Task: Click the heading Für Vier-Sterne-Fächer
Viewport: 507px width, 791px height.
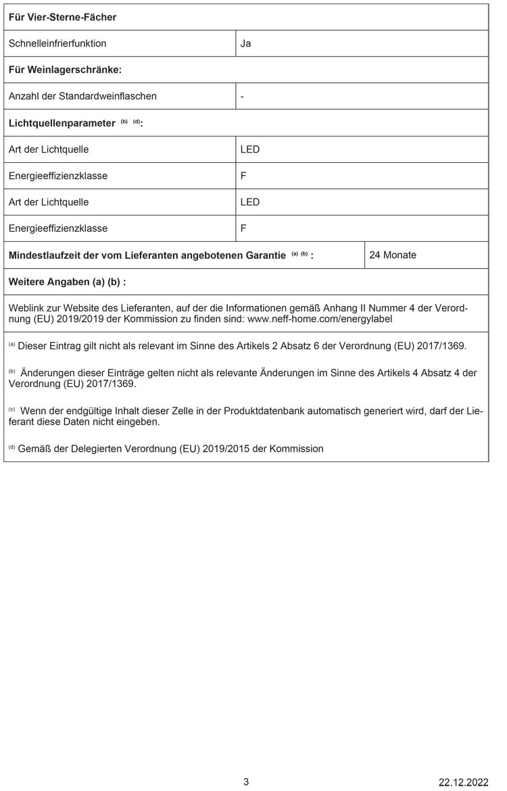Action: pyautogui.click(x=62, y=17)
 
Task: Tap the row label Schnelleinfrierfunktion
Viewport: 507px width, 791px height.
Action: pyautogui.click(x=57, y=44)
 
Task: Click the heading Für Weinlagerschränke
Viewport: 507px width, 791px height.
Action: pyautogui.click(x=65, y=70)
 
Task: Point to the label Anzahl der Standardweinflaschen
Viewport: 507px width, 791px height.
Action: pyautogui.click(x=82, y=96)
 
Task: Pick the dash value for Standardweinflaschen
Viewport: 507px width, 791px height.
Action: pyautogui.click(x=242, y=96)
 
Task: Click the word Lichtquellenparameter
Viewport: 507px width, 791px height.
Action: pyautogui.click(x=62, y=123)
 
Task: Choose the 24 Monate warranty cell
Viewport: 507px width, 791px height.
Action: pyautogui.click(x=393, y=255)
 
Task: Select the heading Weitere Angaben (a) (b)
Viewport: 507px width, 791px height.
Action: pyautogui.click(x=67, y=281)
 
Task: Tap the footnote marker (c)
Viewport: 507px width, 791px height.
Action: pyautogui.click(x=11, y=410)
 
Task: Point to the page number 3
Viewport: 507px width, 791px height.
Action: pyautogui.click(x=246, y=782)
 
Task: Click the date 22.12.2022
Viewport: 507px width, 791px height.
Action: pyautogui.click(x=463, y=782)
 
